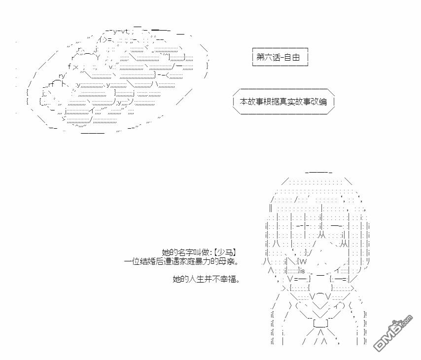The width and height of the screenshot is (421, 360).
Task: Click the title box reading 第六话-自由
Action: tap(280, 57)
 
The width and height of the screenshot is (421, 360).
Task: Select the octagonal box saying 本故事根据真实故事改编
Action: tap(283, 102)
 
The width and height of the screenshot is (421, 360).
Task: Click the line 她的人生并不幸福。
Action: tap(206, 280)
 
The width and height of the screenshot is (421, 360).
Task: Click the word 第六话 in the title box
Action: tap(267, 57)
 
